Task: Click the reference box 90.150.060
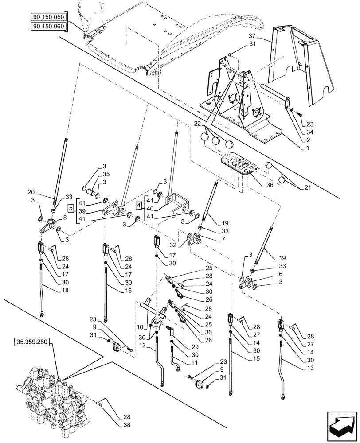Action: pyautogui.click(x=48, y=26)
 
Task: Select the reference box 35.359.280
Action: pyautogui.click(x=33, y=342)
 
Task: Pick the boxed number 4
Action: pyautogui.click(x=138, y=205)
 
